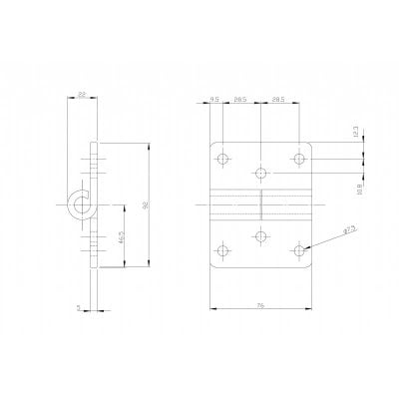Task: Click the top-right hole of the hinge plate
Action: tap(298, 159)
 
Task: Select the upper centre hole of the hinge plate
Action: tap(260, 174)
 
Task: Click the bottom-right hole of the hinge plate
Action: tap(298, 249)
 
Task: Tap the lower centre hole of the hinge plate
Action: tap(260, 235)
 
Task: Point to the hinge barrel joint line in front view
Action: tap(260, 205)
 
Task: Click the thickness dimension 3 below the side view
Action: tap(77, 308)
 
